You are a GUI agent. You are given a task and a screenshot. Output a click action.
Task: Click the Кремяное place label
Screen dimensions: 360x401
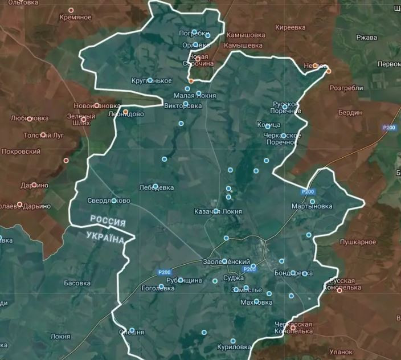pos(75,18)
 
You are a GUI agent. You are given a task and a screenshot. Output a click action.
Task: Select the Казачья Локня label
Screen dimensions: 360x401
pos(218,211)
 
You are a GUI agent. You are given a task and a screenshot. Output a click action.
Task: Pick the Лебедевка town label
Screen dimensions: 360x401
pos(156,187)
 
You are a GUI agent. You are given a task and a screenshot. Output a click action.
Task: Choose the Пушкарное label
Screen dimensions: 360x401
pos(358,242)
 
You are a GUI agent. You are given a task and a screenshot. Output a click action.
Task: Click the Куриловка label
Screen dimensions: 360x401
pos(234,347)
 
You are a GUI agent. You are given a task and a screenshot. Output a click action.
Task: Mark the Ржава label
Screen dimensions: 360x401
pos(367,38)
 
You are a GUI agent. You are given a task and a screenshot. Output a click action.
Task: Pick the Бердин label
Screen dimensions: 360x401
pos(349,112)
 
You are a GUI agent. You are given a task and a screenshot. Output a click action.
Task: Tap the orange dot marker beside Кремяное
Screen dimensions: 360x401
pos(71,10)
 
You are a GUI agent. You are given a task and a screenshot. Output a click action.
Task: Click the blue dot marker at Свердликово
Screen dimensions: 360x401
pos(114,201)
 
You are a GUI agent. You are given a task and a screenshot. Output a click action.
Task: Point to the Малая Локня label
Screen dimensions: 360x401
pos(195,96)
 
